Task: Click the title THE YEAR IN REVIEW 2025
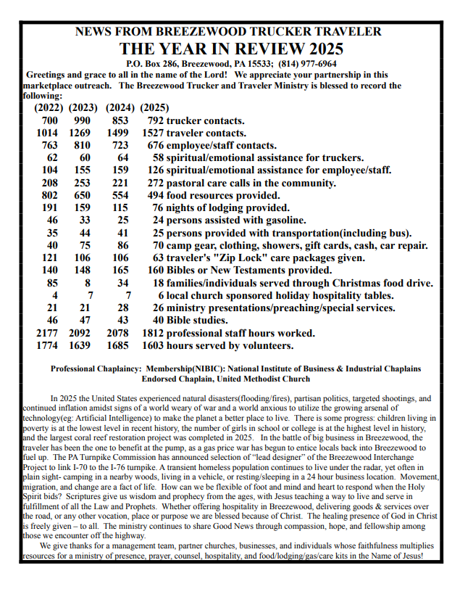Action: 231,49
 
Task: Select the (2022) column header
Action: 49,108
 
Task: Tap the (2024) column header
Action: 120,108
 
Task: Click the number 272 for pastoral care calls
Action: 156,183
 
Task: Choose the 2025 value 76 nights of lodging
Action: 159,207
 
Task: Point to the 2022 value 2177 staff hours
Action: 47,333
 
